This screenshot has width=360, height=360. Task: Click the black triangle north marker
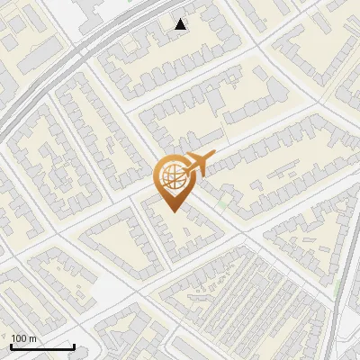click(181, 24)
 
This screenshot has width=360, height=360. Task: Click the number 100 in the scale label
click(20, 338)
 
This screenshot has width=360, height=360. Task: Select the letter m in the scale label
click(33, 338)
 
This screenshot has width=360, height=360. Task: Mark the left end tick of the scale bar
click(11, 346)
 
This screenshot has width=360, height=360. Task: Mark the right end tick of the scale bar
click(74, 346)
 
